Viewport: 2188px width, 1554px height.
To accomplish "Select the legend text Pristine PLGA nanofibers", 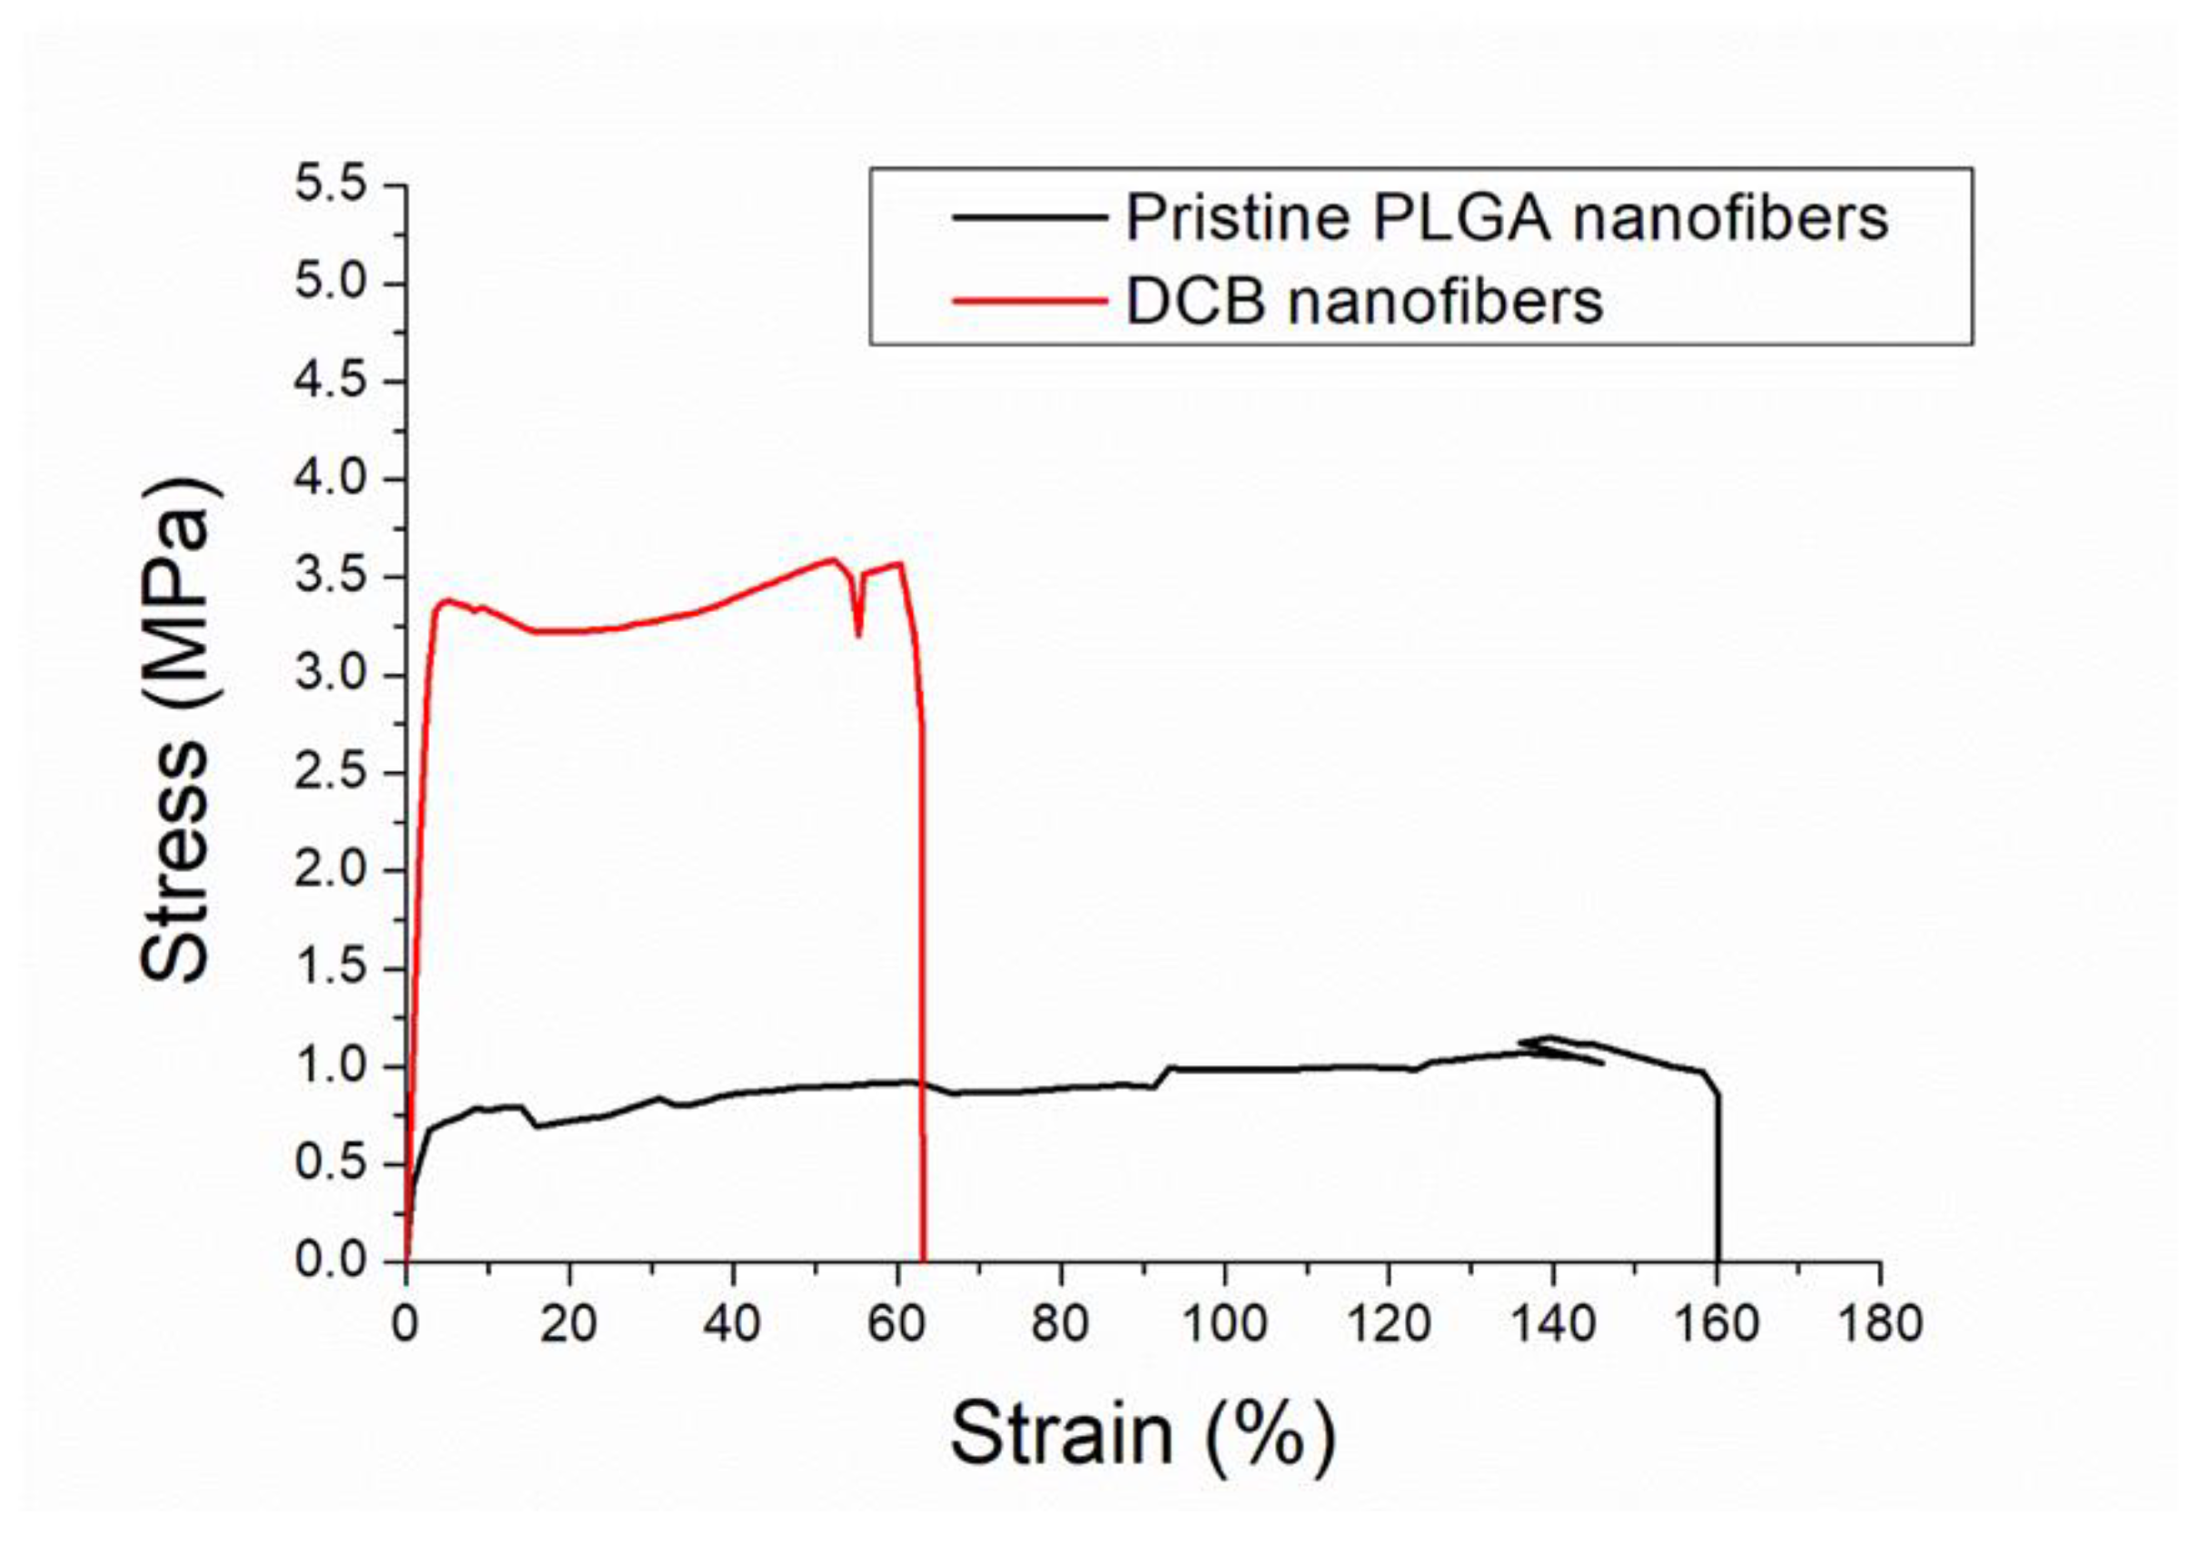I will pos(1506,218).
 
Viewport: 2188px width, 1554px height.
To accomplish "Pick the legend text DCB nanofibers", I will pos(1363,302).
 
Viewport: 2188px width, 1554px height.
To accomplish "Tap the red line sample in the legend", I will pos(1028,302).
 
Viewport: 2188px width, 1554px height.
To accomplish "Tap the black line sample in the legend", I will pos(1028,217).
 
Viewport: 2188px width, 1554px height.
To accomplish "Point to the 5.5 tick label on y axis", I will pos(331,183).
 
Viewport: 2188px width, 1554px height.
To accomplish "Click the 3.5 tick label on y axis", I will pos(331,577).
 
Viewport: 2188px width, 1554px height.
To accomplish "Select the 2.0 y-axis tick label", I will pos(331,871).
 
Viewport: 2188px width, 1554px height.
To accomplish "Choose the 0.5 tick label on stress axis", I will pos(331,1163).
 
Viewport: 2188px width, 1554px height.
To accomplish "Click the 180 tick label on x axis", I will pos(1879,1324).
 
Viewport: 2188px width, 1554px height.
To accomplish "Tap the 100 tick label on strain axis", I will pos(1223,1324).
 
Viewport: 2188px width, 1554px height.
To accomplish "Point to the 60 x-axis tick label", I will pos(897,1324).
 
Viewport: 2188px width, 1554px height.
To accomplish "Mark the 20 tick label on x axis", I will pos(569,1324).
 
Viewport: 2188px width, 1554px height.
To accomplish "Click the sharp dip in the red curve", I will pos(858,631).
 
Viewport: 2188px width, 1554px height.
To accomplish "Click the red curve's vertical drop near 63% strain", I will pos(923,957).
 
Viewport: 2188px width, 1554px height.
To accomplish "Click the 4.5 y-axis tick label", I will pos(331,381).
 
